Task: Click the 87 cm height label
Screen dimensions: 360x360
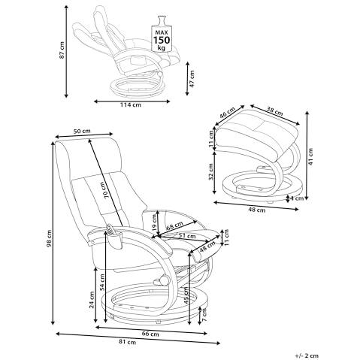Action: (x=62, y=50)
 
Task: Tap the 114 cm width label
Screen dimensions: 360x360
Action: (x=131, y=104)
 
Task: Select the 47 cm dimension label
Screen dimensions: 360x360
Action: (x=192, y=79)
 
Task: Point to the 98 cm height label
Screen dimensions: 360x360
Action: (x=49, y=238)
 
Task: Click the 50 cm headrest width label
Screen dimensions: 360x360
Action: (x=82, y=131)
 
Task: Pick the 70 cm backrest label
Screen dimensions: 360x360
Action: (x=105, y=190)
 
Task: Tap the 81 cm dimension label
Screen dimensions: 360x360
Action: (x=128, y=342)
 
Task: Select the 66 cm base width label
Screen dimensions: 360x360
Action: (x=150, y=334)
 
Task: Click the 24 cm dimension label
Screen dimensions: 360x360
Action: (x=92, y=300)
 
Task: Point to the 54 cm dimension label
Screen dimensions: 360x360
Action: (x=102, y=282)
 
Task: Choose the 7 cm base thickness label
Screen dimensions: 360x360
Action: (x=204, y=315)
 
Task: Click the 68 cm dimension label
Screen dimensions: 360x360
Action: (x=174, y=225)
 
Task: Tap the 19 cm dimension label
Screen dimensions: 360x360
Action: (x=155, y=223)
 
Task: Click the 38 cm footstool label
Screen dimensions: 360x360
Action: (x=274, y=111)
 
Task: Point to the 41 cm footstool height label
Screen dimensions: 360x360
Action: (x=310, y=156)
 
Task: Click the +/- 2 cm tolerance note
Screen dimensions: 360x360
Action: (x=307, y=355)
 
